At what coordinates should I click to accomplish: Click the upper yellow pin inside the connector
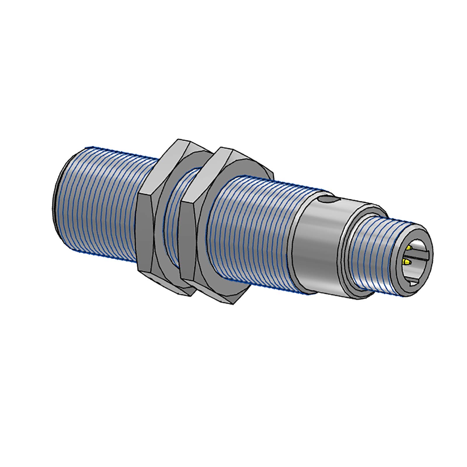coord(410,248)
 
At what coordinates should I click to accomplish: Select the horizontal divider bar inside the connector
coord(420,256)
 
